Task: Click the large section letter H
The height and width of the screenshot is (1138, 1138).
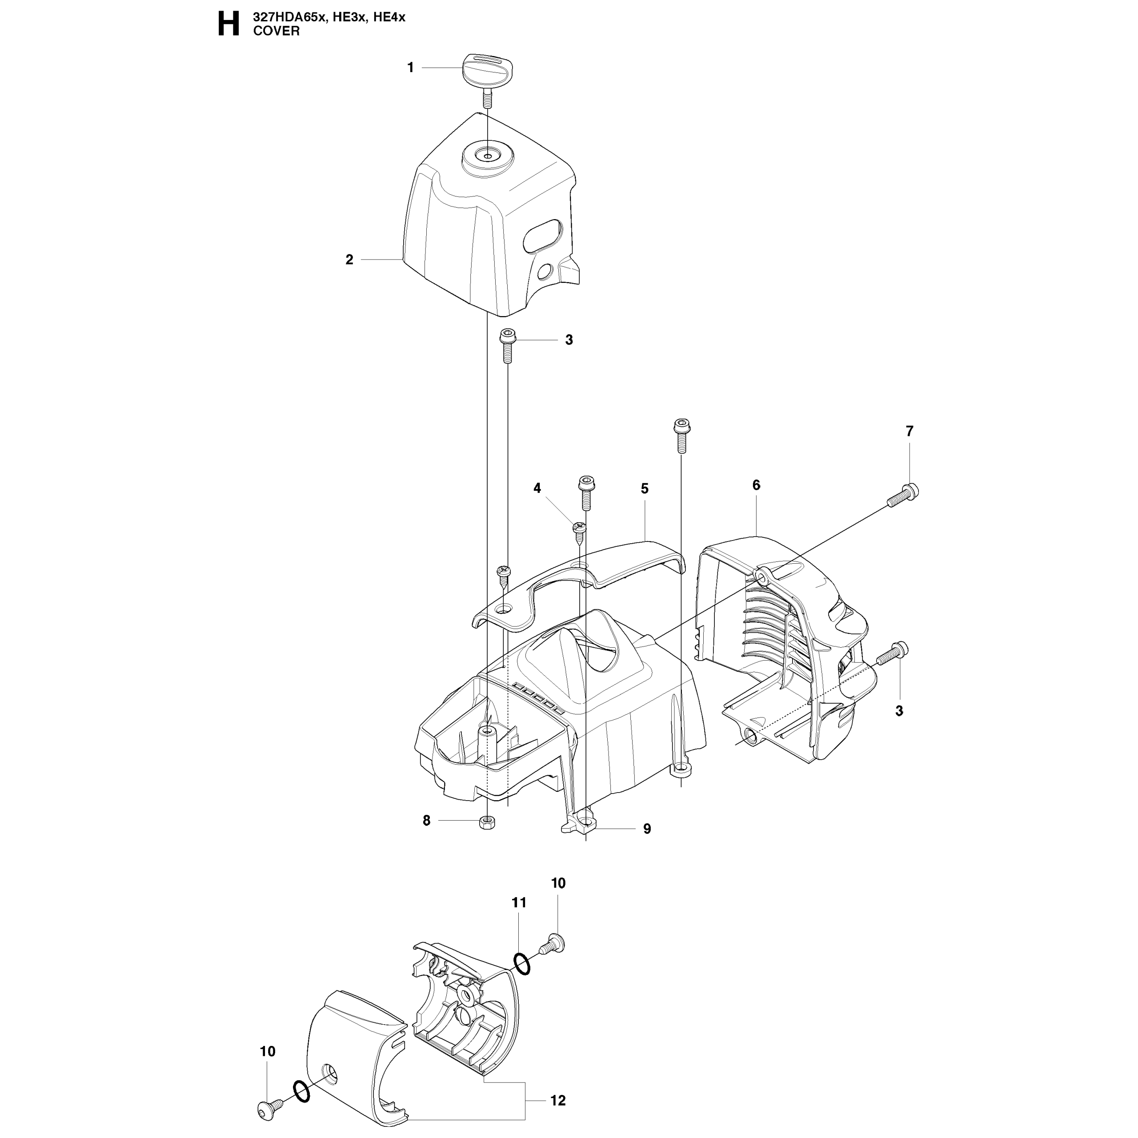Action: tap(228, 25)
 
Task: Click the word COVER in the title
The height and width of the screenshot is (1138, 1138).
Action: tap(276, 31)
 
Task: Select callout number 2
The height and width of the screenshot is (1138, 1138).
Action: tap(349, 260)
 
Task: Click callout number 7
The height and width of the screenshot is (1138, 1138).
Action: tap(910, 431)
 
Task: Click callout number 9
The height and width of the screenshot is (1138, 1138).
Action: tap(647, 829)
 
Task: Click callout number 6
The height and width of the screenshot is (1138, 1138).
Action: tap(756, 485)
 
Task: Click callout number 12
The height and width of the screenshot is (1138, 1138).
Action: tap(558, 1100)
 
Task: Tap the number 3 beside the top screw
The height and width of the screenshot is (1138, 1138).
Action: tap(569, 340)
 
